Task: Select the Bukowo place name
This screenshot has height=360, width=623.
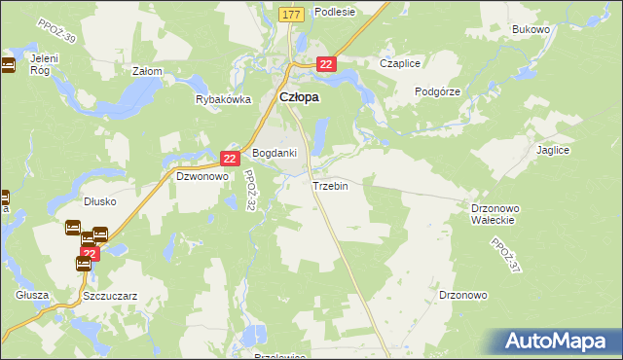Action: click(x=531, y=29)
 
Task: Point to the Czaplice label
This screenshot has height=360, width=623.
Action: click(x=400, y=63)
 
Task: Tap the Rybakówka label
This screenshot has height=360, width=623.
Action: click(x=224, y=99)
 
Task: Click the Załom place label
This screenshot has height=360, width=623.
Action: click(x=147, y=71)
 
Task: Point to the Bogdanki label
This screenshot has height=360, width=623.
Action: click(x=275, y=154)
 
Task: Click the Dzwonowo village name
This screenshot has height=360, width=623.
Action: click(x=202, y=177)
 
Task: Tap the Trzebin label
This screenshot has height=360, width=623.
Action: click(x=330, y=185)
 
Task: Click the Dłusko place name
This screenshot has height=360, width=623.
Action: click(x=100, y=201)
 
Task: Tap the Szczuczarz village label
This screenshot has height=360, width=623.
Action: click(x=110, y=294)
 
